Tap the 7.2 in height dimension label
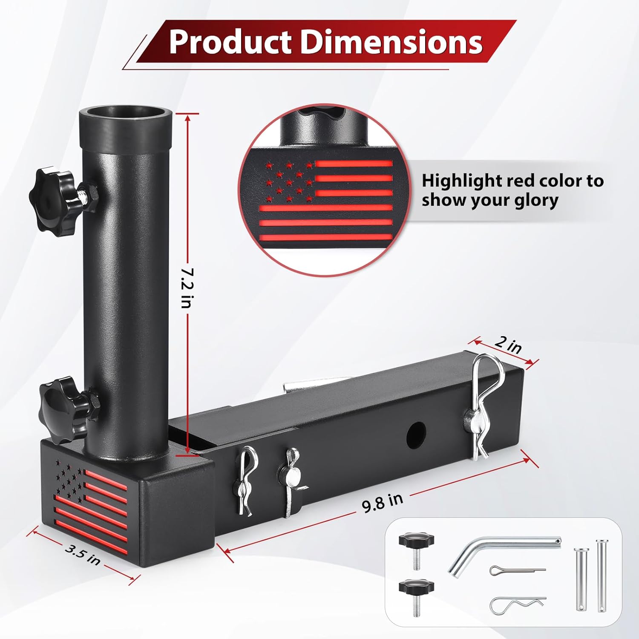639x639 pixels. (186, 288)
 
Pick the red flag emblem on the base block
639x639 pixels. (92, 503)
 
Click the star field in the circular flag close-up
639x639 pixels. (289, 181)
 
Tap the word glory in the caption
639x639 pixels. (536, 200)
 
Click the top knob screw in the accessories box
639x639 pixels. (416, 550)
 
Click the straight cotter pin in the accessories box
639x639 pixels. (516, 570)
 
